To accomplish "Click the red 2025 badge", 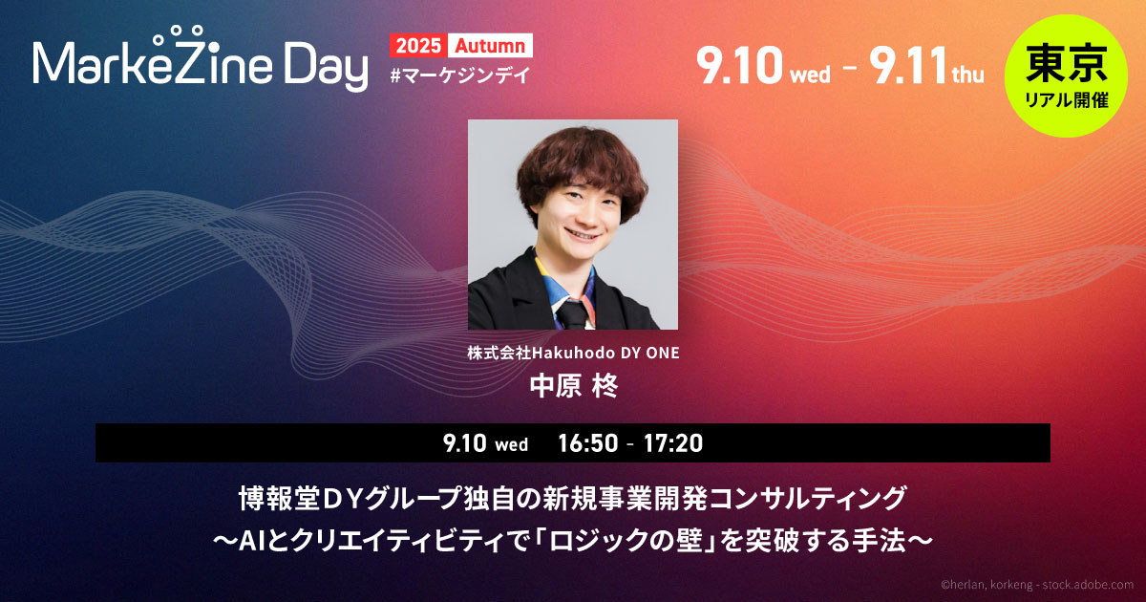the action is click(x=418, y=46).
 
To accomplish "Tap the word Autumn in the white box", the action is click(x=490, y=46).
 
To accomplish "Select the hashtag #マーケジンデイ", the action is click(x=460, y=75).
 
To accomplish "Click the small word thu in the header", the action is click(x=967, y=75).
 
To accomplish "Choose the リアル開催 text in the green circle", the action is click(x=1067, y=99).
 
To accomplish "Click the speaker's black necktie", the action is click(x=572, y=313).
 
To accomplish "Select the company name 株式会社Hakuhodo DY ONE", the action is click(x=573, y=353).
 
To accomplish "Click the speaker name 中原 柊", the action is click(x=574, y=386).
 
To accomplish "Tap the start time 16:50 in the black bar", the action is click(x=588, y=443).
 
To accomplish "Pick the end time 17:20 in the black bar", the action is click(x=673, y=443).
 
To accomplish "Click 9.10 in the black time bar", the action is click(x=464, y=443).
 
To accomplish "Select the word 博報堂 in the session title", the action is click(x=279, y=499).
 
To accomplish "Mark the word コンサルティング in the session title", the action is click(x=799, y=499).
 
